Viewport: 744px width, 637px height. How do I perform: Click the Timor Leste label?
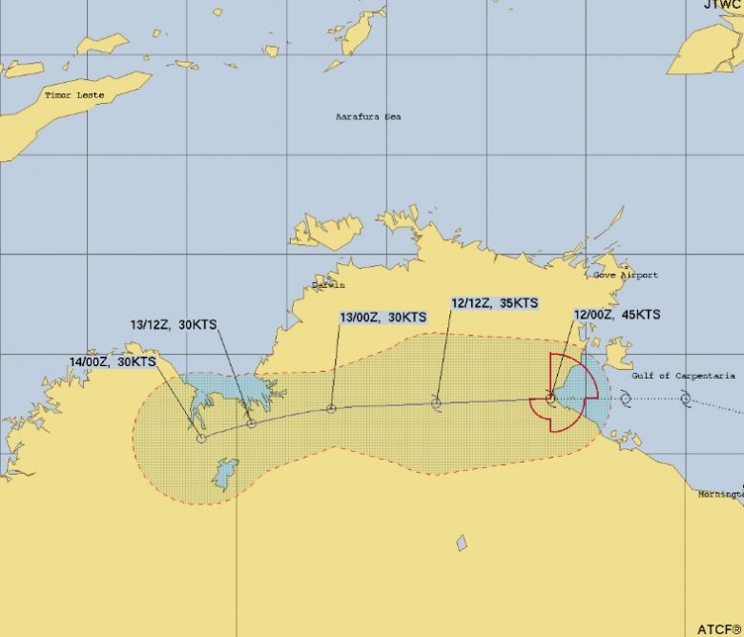click(x=73, y=95)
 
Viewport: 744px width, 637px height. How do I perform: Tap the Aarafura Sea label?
click(x=368, y=116)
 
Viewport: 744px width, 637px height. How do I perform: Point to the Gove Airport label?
click(x=626, y=275)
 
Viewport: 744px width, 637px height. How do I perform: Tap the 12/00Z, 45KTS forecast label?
click(x=616, y=314)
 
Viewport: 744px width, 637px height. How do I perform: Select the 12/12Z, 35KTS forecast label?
click(x=494, y=303)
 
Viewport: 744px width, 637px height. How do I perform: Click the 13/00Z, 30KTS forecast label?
click(x=382, y=317)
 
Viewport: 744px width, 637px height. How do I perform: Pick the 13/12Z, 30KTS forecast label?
click(x=174, y=324)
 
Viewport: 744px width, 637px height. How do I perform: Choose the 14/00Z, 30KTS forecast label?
click(x=113, y=361)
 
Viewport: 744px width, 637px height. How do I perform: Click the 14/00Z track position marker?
click(x=201, y=438)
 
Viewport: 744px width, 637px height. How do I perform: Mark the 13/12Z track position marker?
click(x=251, y=422)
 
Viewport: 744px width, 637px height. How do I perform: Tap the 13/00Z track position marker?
click(x=331, y=408)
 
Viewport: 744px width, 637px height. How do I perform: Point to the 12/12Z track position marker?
click(x=436, y=403)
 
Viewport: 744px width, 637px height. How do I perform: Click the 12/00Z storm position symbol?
click(x=550, y=397)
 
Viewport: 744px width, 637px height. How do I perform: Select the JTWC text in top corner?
click(x=722, y=5)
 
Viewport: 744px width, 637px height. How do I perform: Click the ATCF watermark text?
click(x=718, y=628)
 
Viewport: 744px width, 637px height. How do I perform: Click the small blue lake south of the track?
click(x=462, y=543)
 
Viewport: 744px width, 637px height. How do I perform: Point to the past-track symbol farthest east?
click(x=685, y=398)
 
